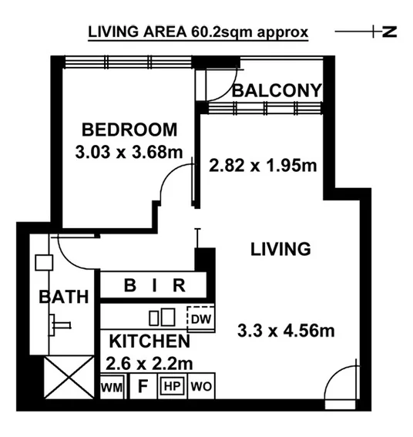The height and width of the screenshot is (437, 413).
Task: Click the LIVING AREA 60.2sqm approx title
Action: pos(198,32)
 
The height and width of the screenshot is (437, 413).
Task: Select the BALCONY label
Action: pos(277,91)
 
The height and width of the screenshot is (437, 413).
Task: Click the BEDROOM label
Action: pos(129,129)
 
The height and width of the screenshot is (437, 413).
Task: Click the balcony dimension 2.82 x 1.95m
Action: pos(264,164)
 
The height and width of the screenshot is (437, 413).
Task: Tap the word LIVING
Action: pos(280,249)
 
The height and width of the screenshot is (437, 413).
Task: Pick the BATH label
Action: pos(65,296)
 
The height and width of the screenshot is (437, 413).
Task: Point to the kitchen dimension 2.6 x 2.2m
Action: pos(147,361)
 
